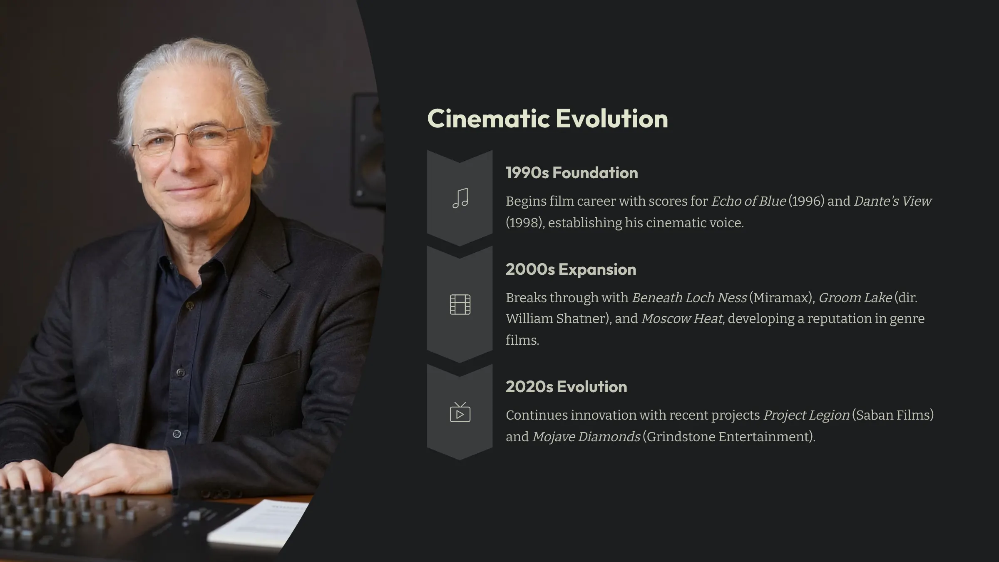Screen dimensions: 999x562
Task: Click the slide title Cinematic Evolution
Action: click(547, 119)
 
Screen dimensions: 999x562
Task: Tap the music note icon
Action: click(460, 198)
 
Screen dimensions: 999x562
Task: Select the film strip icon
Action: click(460, 304)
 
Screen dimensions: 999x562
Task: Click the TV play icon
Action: click(460, 412)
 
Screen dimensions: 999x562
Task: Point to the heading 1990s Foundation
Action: click(572, 173)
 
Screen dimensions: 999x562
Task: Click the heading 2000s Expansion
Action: click(571, 269)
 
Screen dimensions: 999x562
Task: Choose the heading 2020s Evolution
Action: click(566, 387)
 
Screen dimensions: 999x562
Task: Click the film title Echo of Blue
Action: click(748, 201)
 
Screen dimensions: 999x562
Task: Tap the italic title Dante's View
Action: click(892, 201)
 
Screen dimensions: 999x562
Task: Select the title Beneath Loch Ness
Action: click(689, 298)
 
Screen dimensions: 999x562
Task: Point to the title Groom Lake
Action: click(855, 298)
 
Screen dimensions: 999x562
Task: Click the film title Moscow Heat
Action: click(681, 318)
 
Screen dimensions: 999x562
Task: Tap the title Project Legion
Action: click(806, 415)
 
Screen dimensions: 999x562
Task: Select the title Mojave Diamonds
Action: click(586, 437)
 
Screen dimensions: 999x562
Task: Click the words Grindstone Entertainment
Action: click(728, 437)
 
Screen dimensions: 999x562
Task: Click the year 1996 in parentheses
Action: click(806, 201)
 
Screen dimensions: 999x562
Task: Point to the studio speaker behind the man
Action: click(368, 150)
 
